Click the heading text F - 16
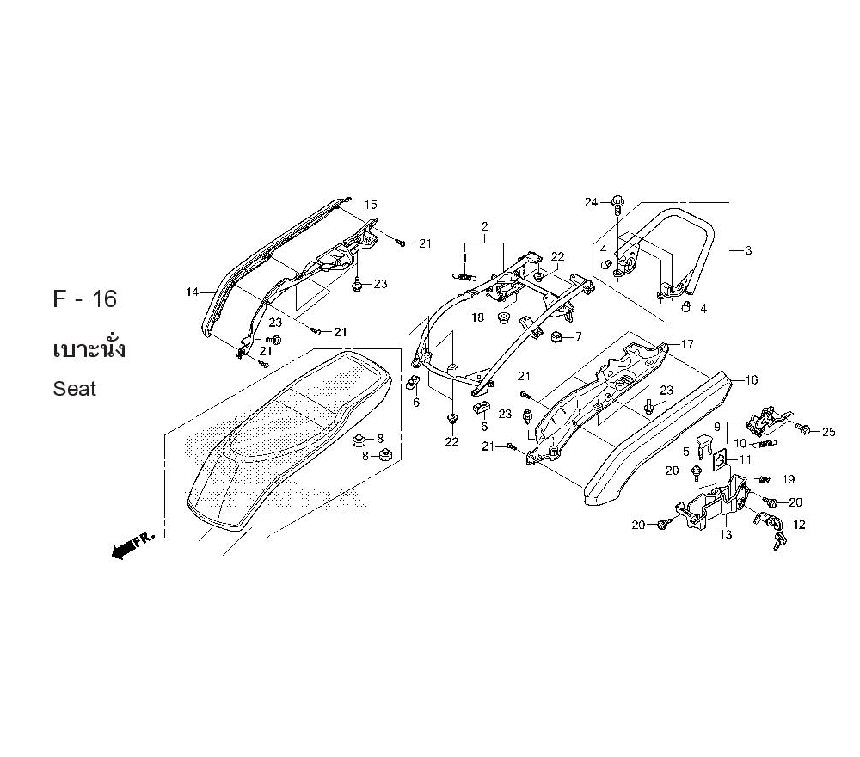[x=85, y=299]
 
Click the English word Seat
[x=75, y=389]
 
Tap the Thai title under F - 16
[x=89, y=348]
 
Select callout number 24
[x=591, y=202]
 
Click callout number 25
[x=829, y=432]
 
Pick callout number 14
[x=192, y=292]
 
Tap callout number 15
[x=371, y=205]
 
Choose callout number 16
[x=752, y=379]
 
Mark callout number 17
[x=687, y=344]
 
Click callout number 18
[x=477, y=317]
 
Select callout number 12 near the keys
[x=800, y=525]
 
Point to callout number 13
[x=726, y=534]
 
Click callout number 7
[x=579, y=337]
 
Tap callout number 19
[x=788, y=479]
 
